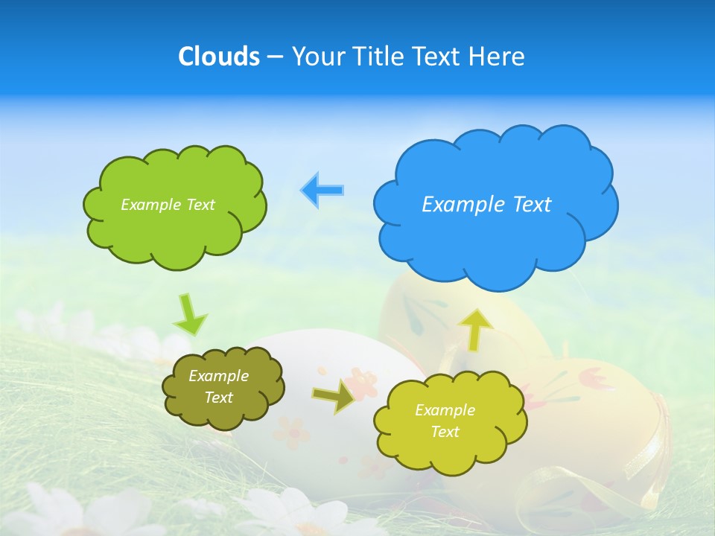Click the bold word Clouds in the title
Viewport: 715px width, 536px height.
pyautogui.click(x=219, y=57)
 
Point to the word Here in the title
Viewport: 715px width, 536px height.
pyautogui.click(x=498, y=57)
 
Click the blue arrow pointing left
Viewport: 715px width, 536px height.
pyautogui.click(x=322, y=191)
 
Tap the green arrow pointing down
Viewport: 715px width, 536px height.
pyautogui.click(x=189, y=314)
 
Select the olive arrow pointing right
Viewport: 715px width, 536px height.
pyautogui.click(x=334, y=397)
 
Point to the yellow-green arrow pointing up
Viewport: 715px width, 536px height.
pyautogui.click(x=476, y=329)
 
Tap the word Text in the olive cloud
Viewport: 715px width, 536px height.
pyautogui.click(x=218, y=398)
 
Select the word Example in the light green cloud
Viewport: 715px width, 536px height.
pyautogui.click(x=149, y=205)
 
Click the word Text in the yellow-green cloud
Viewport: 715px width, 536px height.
pyautogui.click(x=445, y=432)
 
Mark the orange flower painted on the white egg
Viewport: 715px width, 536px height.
pyautogui.click(x=363, y=384)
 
